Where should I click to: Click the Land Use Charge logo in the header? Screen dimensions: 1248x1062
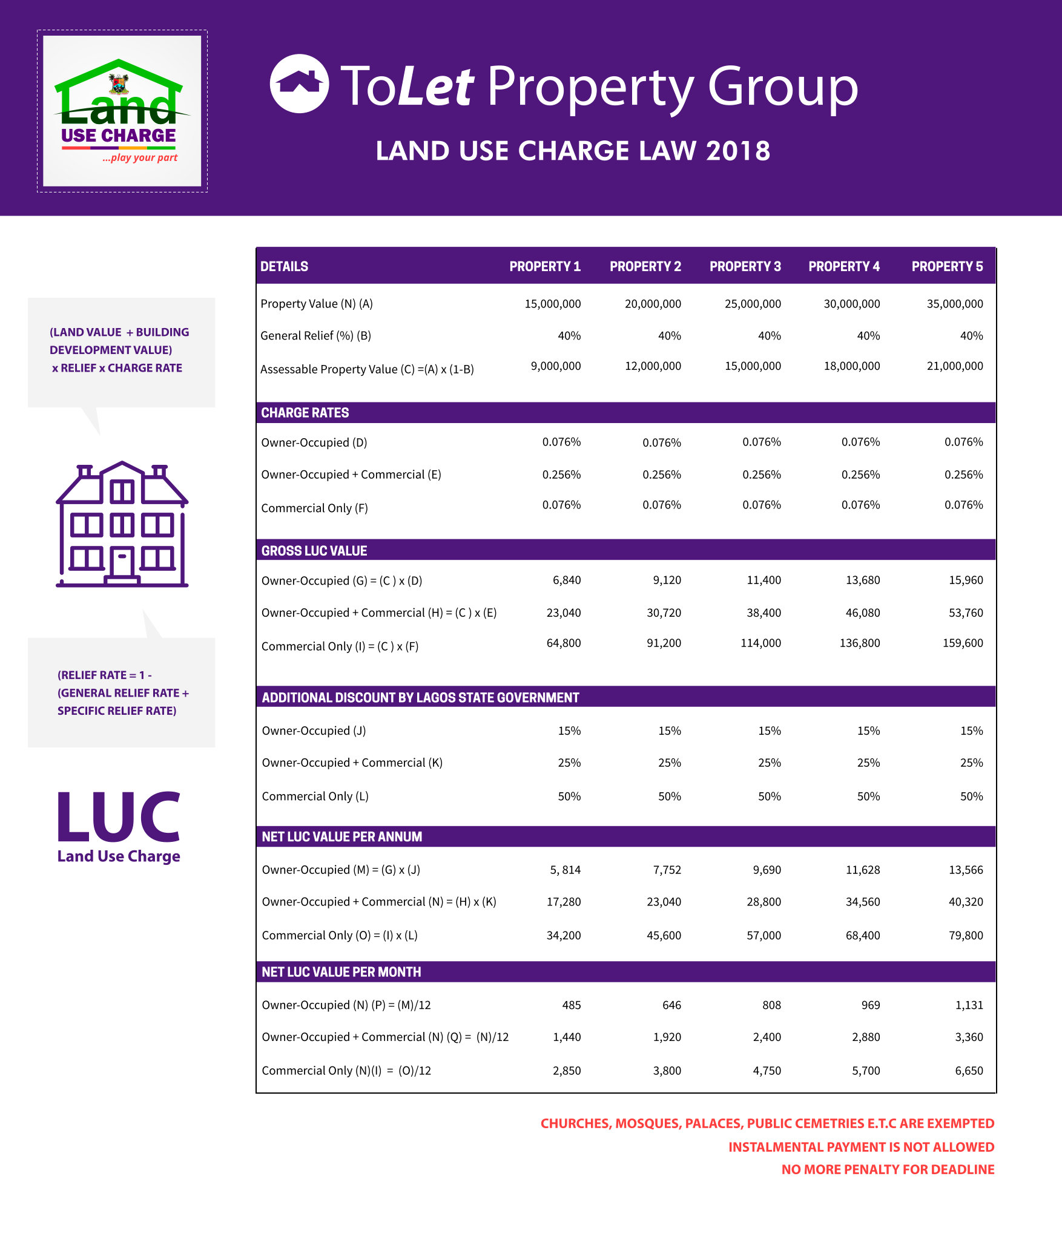pyautogui.click(x=122, y=111)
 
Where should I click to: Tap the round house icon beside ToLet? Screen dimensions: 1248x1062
pyautogui.click(x=299, y=84)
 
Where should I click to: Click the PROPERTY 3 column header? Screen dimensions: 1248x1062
pyautogui.click(x=745, y=266)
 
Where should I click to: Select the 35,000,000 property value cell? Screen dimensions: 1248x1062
pyautogui.click(x=954, y=304)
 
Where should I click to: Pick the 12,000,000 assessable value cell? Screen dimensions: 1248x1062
pyautogui.click(x=653, y=366)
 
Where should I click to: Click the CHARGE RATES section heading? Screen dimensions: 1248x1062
pyautogui.click(x=305, y=413)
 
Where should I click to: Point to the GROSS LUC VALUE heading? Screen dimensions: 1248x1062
pyautogui.click(x=314, y=551)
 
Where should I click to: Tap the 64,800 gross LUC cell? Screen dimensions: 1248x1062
pyautogui.click(x=563, y=643)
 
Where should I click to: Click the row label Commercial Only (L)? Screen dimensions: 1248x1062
pyautogui.click(x=315, y=796)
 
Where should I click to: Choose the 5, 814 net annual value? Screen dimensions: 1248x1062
pyautogui.click(x=565, y=870)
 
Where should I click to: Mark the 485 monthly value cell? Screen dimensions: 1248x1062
pyautogui.click(x=571, y=1005)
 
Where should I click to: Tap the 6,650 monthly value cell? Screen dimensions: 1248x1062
pyautogui.click(x=969, y=1071)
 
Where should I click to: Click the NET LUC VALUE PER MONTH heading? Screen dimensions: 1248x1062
pyautogui.click(x=341, y=972)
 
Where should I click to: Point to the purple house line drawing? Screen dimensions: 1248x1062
pyautogui.click(x=122, y=524)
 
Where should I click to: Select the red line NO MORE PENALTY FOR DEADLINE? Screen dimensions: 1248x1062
pyautogui.click(x=887, y=1169)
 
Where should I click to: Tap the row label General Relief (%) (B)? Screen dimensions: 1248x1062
pyautogui.click(x=315, y=336)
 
